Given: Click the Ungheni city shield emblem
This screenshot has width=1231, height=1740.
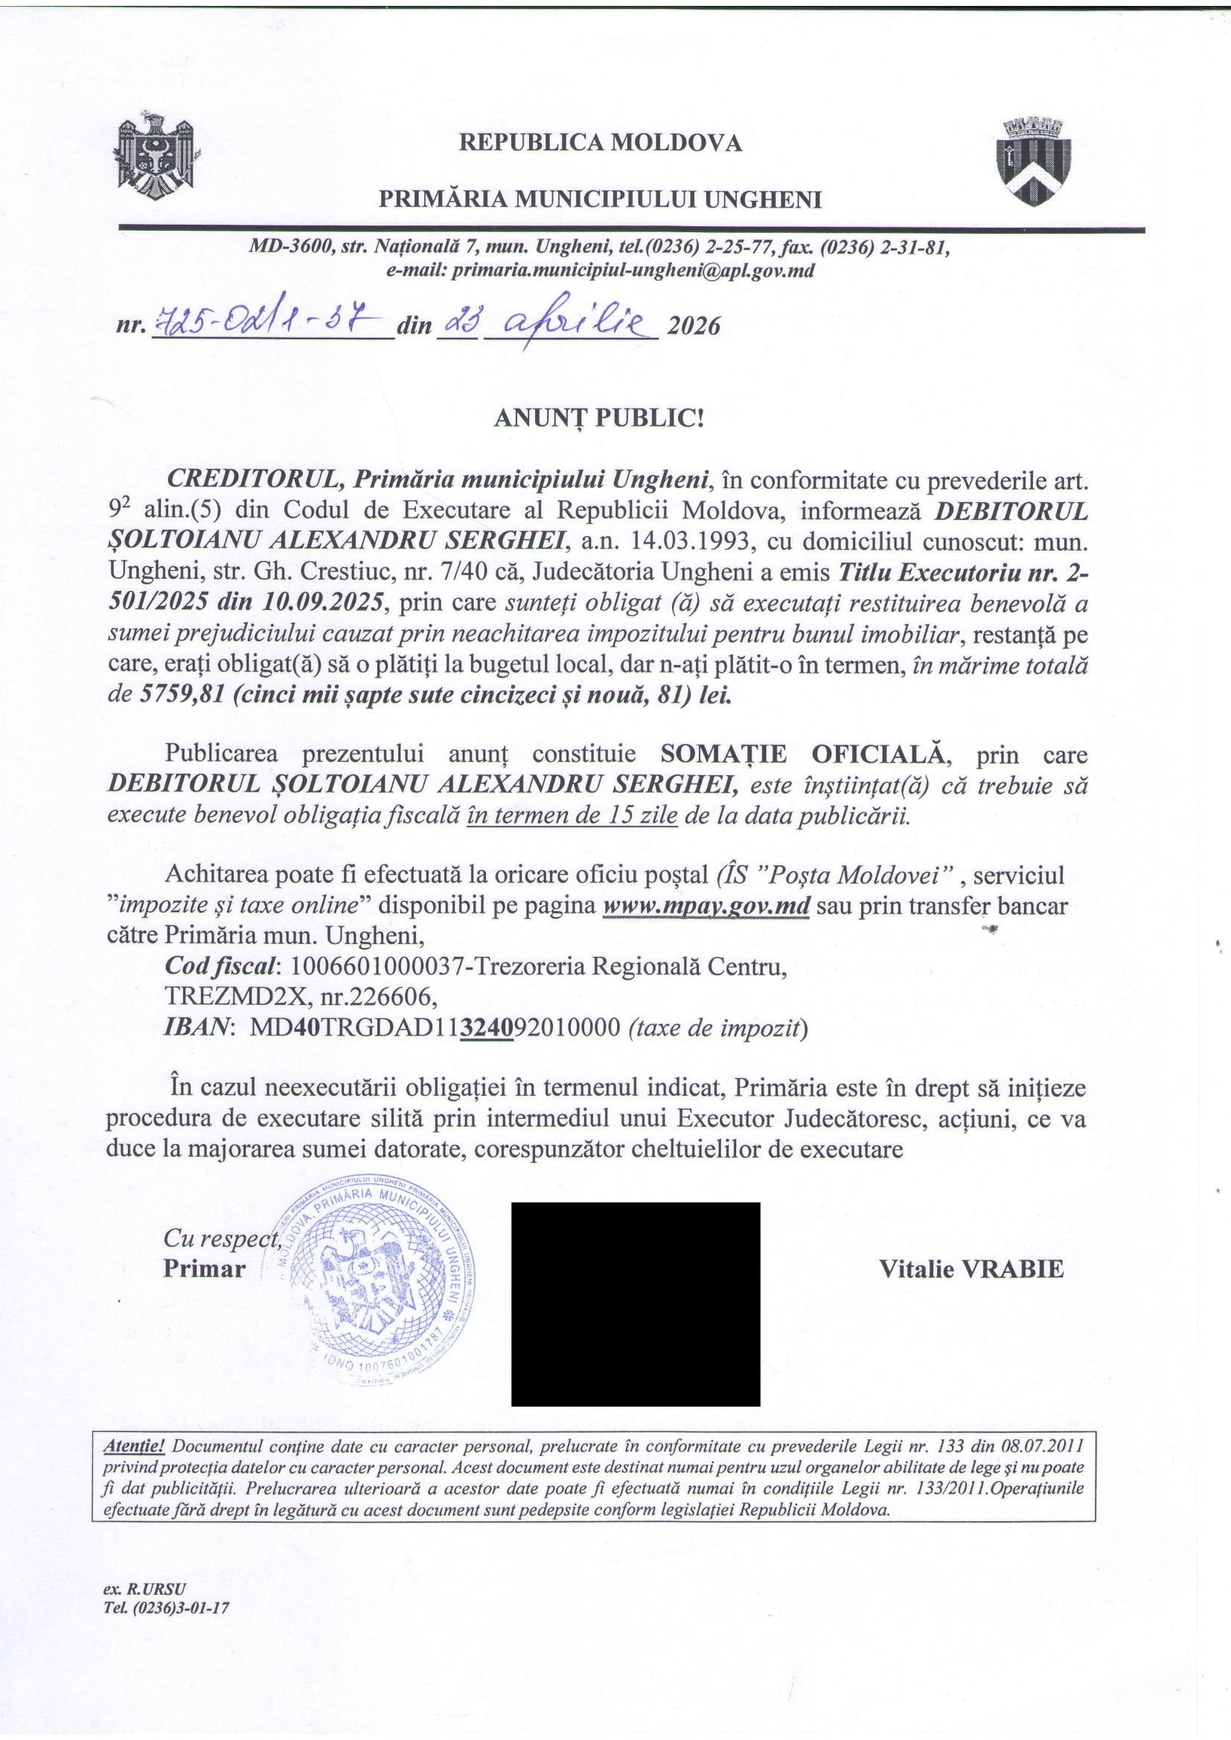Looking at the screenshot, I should [x=1032, y=161].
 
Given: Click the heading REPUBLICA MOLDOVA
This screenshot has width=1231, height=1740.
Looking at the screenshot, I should [x=601, y=143].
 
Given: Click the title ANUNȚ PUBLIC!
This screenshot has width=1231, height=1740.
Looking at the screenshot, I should [x=599, y=417].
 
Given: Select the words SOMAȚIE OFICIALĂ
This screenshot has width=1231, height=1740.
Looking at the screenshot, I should [x=804, y=755].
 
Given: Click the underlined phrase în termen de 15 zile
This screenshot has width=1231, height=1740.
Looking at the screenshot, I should [x=572, y=816].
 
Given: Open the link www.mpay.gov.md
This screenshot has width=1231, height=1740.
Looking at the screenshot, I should [x=706, y=906].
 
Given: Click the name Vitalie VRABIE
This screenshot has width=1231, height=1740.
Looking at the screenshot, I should [x=971, y=1269].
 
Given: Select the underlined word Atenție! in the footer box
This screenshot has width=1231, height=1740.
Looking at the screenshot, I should [x=133, y=1446].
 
